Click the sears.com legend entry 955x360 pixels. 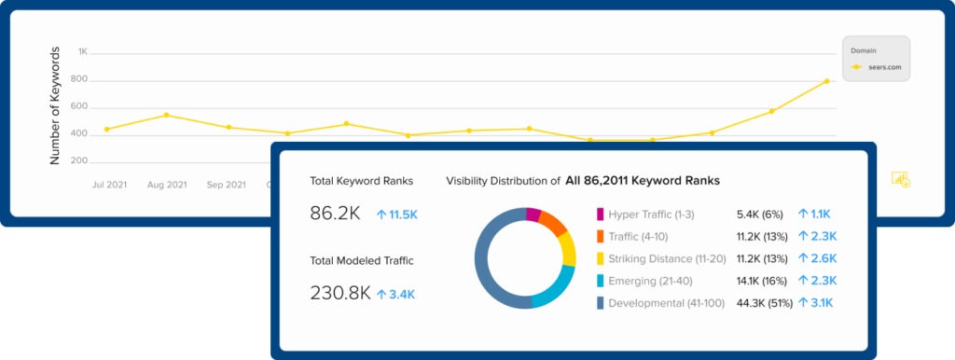pos(880,67)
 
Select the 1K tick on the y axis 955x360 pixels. pos(82,51)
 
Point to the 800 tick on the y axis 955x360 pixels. pos(79,79)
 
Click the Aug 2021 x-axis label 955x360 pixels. pos(166,185)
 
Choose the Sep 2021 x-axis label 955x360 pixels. pos(227,185)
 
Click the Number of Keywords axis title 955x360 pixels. pos(55,105)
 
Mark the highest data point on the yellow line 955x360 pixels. pos(826,81)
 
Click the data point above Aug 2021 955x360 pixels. pos(166,116)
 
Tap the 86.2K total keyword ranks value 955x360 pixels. pos(335,214)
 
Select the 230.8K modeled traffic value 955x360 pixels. pos(340,294)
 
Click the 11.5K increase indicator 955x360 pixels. pos(398,215)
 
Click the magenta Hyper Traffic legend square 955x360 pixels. pos(600,214)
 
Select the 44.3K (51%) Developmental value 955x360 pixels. pos(762,303)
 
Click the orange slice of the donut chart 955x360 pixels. pos(552,224)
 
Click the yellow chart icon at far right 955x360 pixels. pos(900,179)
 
